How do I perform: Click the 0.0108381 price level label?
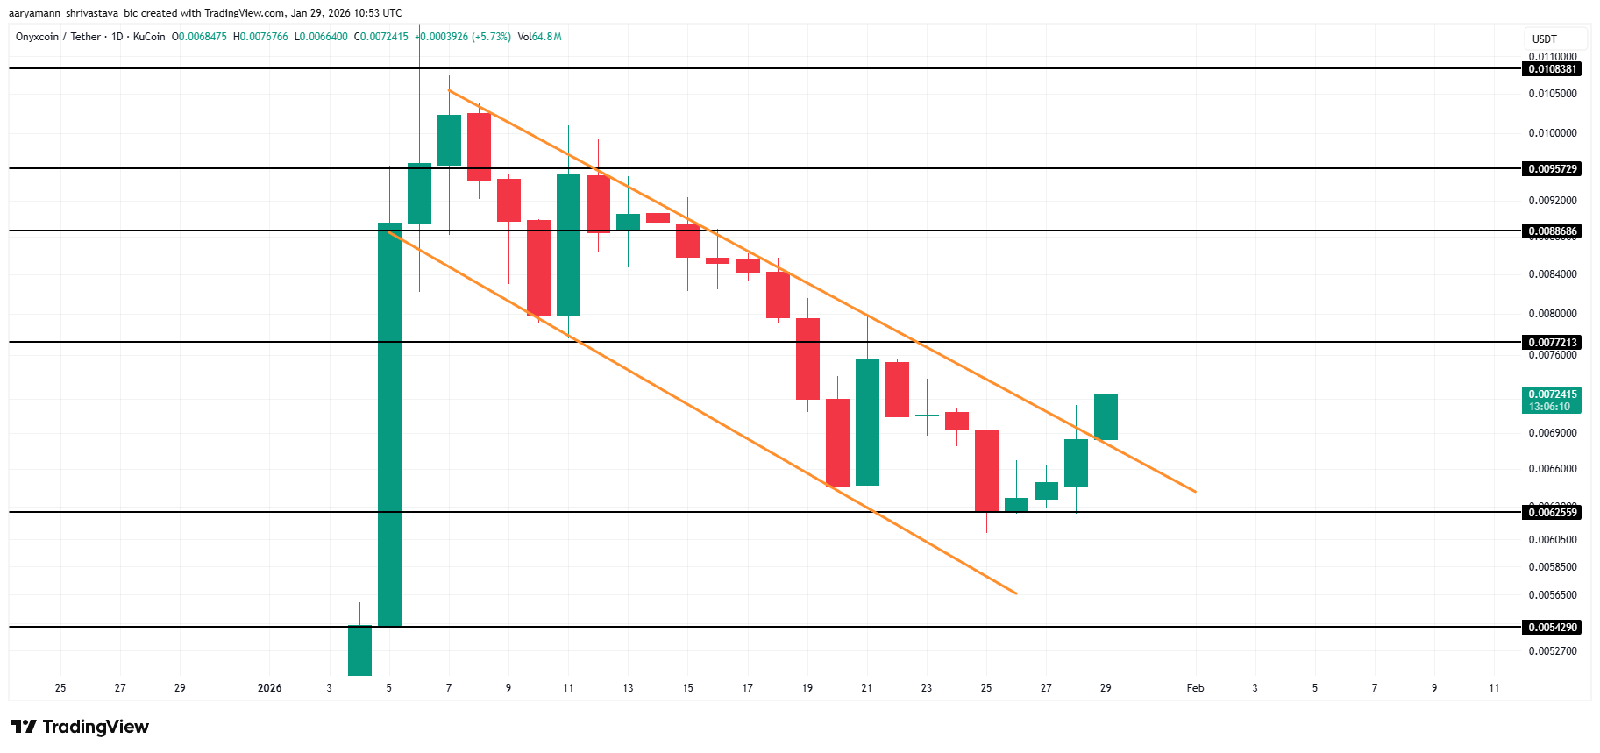1552,69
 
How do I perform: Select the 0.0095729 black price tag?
1552,169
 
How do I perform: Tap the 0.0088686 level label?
1552,231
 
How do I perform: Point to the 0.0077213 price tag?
1552,343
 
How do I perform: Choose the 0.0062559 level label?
1552,513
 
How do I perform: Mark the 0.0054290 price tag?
1552,628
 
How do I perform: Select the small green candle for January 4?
359,650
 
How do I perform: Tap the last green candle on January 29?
1106,416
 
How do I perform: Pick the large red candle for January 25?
986,471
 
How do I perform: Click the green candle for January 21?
867,422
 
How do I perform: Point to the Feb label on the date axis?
1195,688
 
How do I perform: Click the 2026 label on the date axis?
269,688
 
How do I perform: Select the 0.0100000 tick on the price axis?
1552,133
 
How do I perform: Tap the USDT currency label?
1545,39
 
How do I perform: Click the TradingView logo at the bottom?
80,727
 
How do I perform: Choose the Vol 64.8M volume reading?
539,37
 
